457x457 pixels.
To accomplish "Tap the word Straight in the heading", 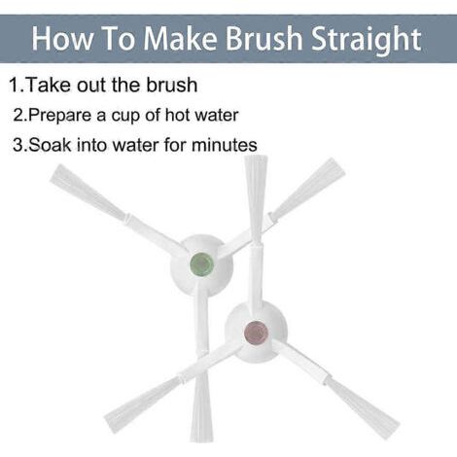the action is pyautogui.click(x=367, y=41).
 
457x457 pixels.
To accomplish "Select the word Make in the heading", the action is pyautogui.click(x=180, y=38).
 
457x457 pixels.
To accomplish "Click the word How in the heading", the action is pyautogui.click(x=61, y=38).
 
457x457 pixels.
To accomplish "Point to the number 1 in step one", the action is pyautogui.click(x=15, y=85).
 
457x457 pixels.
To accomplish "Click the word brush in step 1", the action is pyautogui.click(x=172, y=85).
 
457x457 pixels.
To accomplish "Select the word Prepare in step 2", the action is pyautogui.click(x=59, y=116).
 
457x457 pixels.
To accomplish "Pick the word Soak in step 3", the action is pyautogui.click(x=50, y=145).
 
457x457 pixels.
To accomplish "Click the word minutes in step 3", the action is pyautogui.click(x=225, y=145).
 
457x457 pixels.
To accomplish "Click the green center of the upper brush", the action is pyautogui.click(x=201, y=264).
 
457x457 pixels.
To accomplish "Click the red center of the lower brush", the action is pyautogui.click(x=256, y=333).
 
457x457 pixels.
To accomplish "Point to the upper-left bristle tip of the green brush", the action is pyautogui.click(x=55, y=173).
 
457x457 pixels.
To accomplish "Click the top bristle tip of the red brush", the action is pyautogui.click(x=256, y=158).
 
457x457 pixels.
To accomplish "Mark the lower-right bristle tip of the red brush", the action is pyautogui.click(x=394, y=431).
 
